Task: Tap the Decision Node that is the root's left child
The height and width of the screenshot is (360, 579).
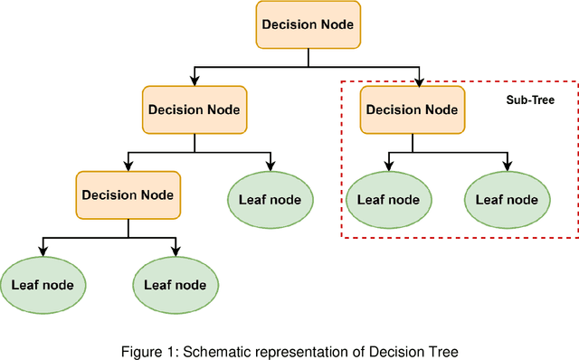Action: point(194,109)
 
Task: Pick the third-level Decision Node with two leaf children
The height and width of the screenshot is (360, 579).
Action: point(128,194)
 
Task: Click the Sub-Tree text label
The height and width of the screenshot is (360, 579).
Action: point(529,100)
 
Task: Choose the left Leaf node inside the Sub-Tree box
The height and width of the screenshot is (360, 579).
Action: point(389,200)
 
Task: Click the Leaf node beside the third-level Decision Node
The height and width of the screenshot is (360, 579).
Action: point(271,200)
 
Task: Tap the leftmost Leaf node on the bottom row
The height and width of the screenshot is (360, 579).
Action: point(42,284)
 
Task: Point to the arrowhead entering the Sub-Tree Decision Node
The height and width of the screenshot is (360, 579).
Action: point(421,81)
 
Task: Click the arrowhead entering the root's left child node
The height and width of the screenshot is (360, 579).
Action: point(194,81)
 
